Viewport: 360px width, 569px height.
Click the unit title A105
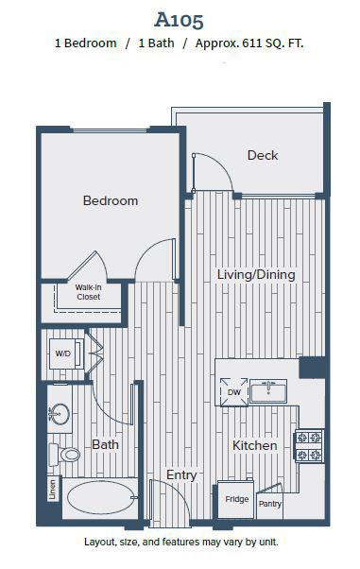pos(179,21)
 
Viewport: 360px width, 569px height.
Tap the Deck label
pos(263,155)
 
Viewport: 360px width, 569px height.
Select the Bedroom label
pos(111,200)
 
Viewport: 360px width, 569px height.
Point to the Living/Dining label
pos(256,275)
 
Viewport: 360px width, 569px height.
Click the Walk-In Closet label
pos(88,292)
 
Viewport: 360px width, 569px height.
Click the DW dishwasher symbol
pos(234,392)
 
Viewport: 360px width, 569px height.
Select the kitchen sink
pos(268,391)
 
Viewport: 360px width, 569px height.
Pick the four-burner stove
pos(310,445)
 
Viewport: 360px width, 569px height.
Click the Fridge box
pos(235,500)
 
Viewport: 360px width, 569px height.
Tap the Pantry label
pos(269,504)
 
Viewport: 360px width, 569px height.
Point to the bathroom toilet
pos(64,455)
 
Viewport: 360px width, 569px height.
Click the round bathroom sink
pos(60,414)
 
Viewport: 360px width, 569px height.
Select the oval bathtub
pos(101,497)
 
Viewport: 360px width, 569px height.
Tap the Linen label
pos(53,490)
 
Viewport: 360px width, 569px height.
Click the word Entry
pos(181,475)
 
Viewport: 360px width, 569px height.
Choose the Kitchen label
pos(254,445)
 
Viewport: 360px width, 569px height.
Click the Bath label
pos(105,444)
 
